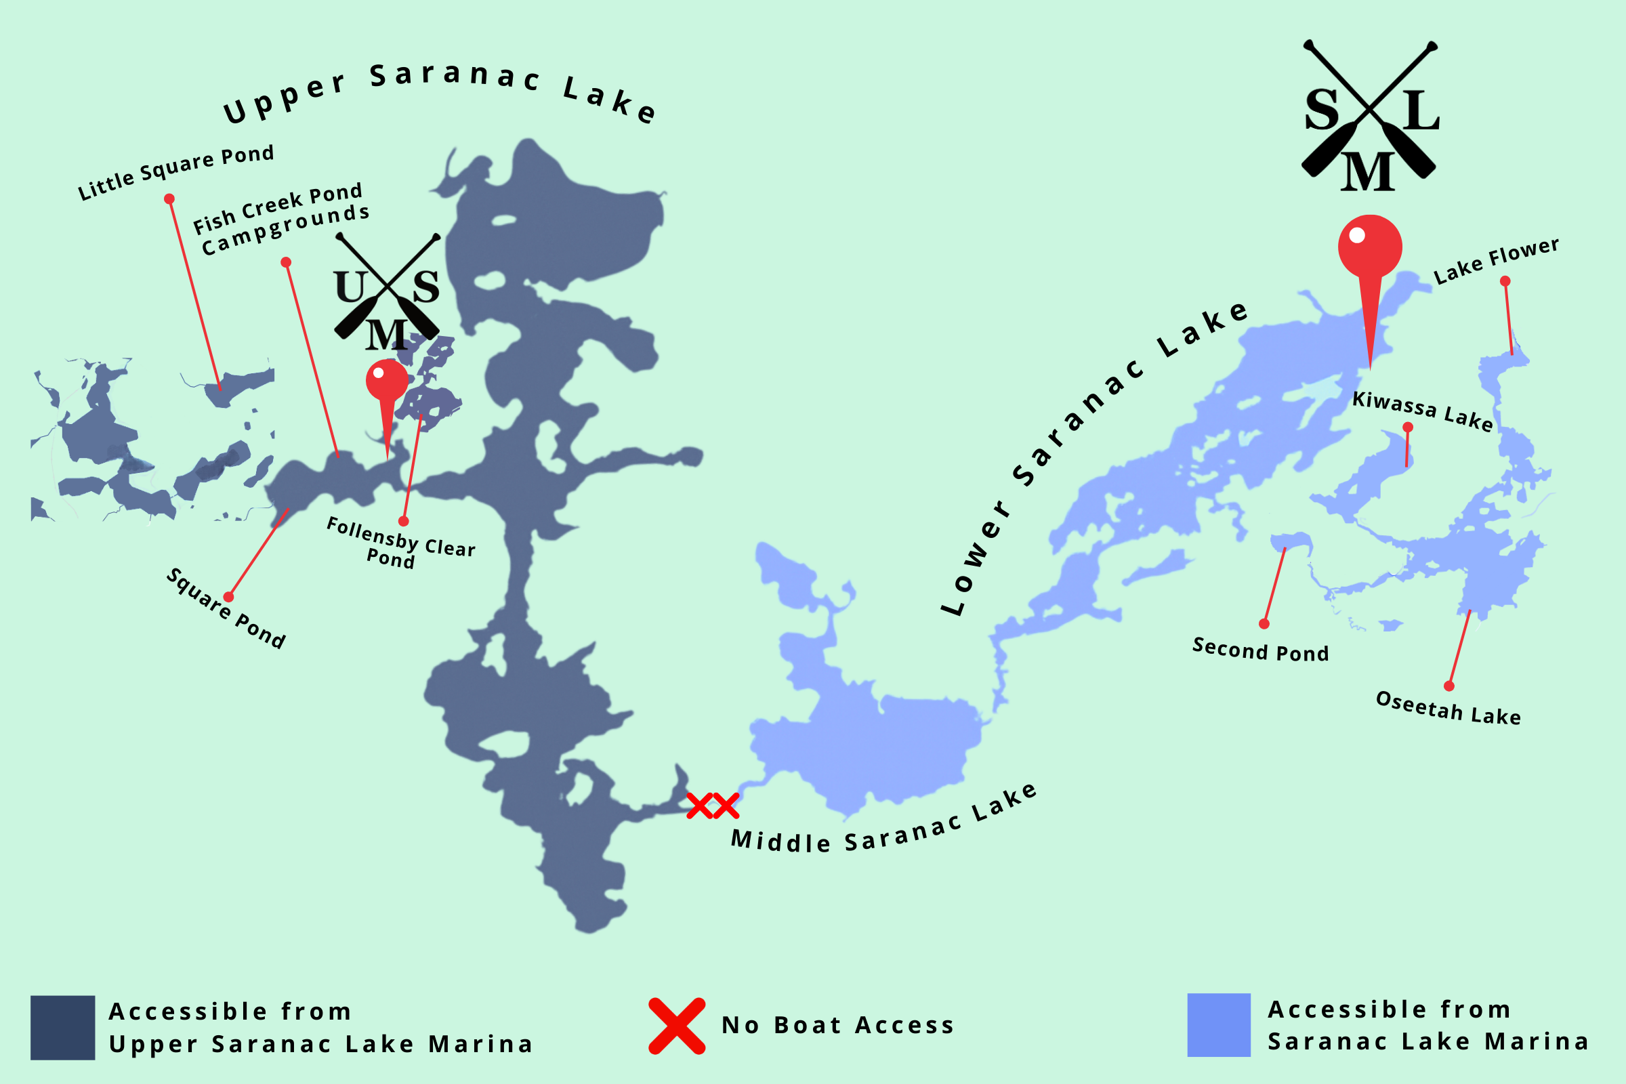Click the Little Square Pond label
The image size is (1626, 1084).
(x=175, y=173)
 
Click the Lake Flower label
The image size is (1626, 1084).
(x=1496, y=262)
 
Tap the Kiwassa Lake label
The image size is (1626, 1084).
(x=1423, y=411)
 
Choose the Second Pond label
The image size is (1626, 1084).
(x=1260, y=650)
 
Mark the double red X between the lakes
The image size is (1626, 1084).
(x=713, y=806)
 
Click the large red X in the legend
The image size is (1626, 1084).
(x=677, y=1026)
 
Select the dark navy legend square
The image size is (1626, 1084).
(x=62, y=1027)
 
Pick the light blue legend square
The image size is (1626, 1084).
(x=1219, y=1025)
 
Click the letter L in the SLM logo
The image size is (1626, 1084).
(x=1423, y=110)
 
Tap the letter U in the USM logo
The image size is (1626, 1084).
(x=351, y=286)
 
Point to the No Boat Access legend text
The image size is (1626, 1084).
(x=837, y=1025)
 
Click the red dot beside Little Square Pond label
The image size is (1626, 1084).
(x=169, y=199)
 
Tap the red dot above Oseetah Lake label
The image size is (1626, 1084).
(x=1449, y=686)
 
